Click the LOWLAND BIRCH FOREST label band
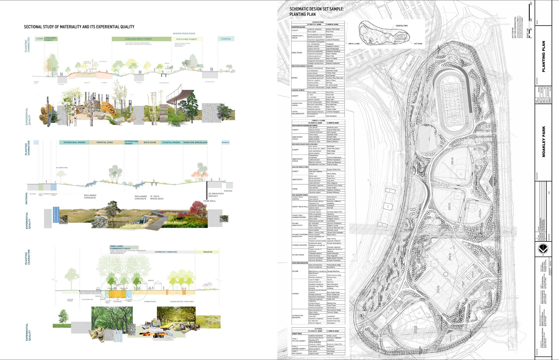(x=139, y=39)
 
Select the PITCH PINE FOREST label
(x=186, y=39)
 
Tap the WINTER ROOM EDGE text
(x=184, y=34)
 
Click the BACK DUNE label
(x=150, y=142)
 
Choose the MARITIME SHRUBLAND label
(x=195, y=142)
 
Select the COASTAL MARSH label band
(x=171, y=142)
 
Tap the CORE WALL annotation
(x=210, y=201)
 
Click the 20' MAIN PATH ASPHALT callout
(x=216, y=195)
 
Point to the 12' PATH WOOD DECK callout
(x=157, y=197)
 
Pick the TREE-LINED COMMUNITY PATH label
(x=120, y=247)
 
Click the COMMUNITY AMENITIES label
(x=166, y=252)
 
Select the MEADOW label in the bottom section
(x=208, y=252)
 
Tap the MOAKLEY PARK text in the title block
(x=543, y=142)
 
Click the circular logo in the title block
(x=543, y=249)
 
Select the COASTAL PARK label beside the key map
(x=402, y=26)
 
